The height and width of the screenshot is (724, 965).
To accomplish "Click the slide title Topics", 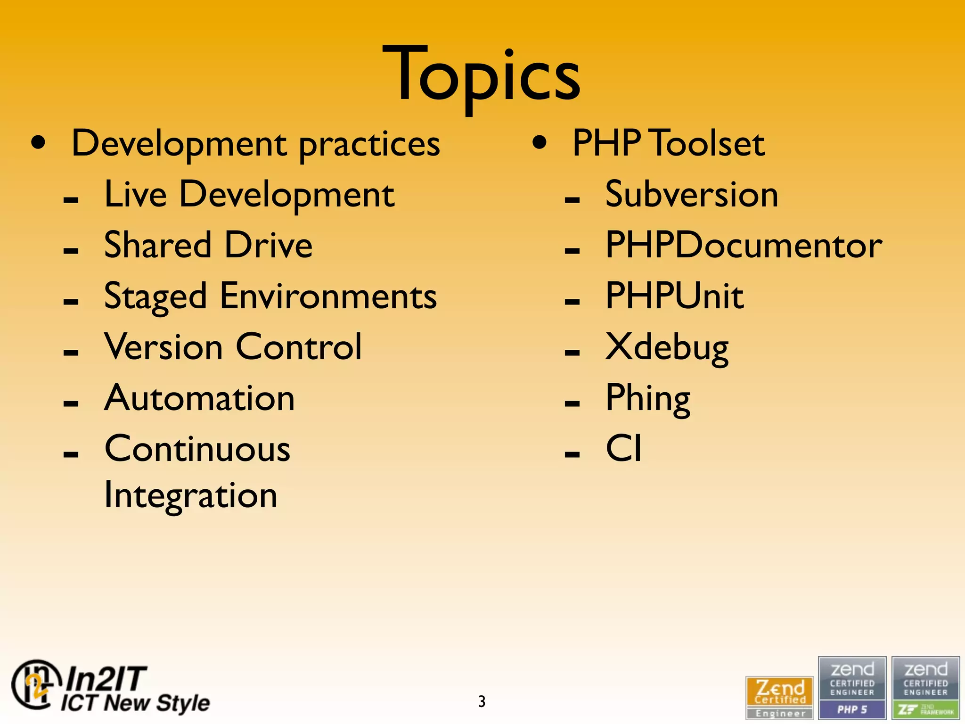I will click(482, 75).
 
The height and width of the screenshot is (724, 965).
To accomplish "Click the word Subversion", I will click(691, 194).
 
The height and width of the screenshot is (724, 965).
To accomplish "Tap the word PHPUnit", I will click(674, 296).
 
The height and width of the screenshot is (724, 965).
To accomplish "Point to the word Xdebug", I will click(667, 348).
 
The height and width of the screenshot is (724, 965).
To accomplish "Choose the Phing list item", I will click(647, 399).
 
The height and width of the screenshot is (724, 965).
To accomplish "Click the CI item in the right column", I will click(623, 448).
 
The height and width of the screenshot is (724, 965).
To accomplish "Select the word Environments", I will click(328, 296).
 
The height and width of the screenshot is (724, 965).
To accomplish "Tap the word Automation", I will click(199, 398).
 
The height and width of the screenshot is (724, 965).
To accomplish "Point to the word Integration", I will click(190, 496).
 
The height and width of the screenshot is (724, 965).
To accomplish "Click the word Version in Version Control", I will click(163, 347).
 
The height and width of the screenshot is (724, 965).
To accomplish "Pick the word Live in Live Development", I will click(135, 194).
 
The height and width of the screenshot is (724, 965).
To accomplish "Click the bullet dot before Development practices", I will click(39, 143).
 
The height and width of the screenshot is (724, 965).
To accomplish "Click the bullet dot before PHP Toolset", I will click(540, 143).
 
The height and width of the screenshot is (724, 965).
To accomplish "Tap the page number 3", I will click(482, 701).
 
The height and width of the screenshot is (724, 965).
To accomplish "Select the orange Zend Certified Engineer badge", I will click(780, 697).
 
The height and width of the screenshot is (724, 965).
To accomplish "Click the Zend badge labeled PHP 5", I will click(852, 688).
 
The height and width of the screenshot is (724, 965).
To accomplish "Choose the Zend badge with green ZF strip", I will click(925, 688).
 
